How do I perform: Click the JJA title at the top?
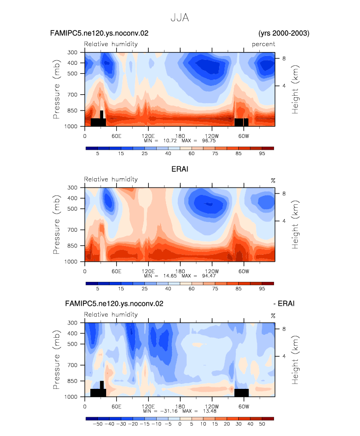180,18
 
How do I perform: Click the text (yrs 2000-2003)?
284,33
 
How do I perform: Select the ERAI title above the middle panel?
180,169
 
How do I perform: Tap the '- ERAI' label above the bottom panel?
284,303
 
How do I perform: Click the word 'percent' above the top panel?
263,44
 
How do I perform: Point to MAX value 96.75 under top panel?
209,140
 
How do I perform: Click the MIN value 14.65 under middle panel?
170,276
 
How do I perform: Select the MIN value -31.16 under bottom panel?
169,411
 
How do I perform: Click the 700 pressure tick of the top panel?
72,95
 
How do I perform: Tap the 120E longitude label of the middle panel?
148,271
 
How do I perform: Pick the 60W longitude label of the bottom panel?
244,407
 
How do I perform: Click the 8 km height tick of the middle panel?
284,193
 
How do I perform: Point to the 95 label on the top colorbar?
262,154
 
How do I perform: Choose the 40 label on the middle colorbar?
168,289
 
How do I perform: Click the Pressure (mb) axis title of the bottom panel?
56,359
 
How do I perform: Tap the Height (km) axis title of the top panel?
295,89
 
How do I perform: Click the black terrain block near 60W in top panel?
241,122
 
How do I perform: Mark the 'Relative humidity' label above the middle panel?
111,179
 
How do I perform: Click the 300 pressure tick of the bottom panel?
72,323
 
